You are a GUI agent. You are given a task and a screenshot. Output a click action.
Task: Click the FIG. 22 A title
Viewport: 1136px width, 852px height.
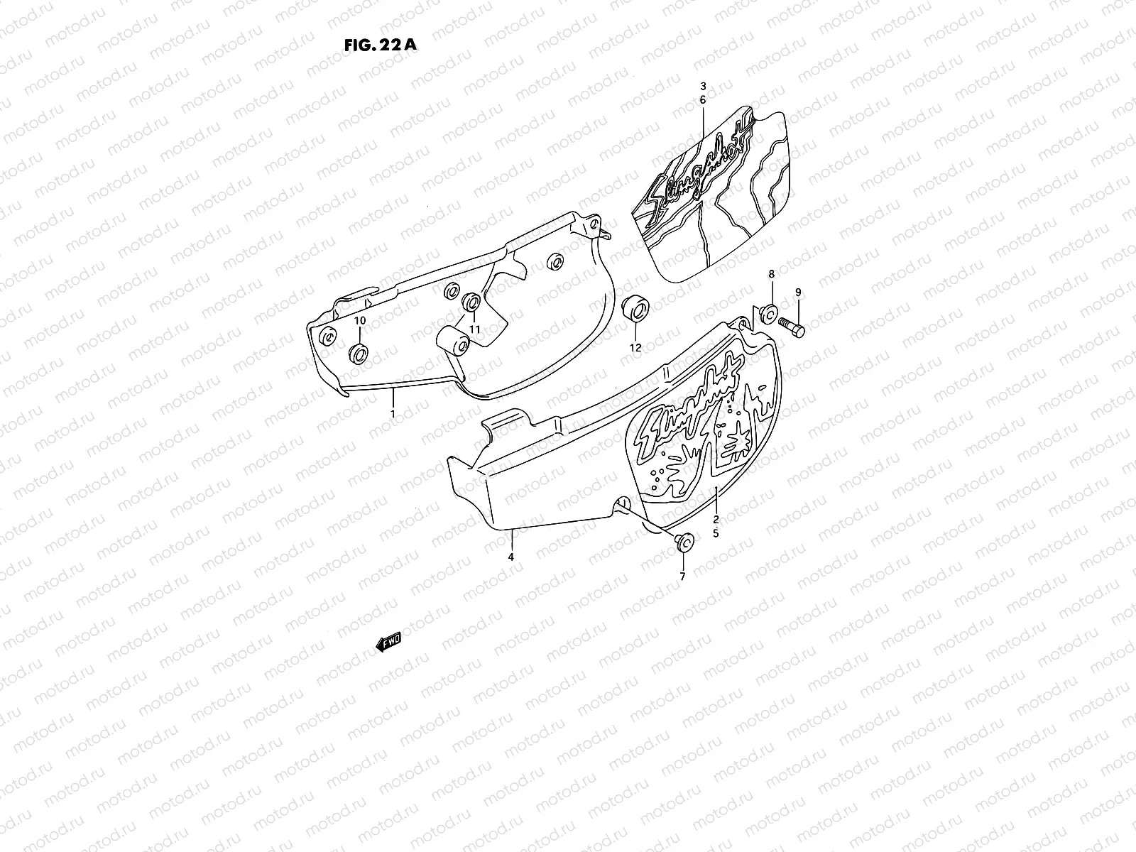tap(380, 45)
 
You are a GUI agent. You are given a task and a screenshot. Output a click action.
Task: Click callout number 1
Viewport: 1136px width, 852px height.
tap(393, 413)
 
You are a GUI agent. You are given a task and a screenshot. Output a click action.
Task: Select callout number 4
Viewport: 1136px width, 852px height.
tap(510, 557)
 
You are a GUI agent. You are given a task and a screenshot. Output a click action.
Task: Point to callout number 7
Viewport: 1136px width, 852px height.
tap(682, 577)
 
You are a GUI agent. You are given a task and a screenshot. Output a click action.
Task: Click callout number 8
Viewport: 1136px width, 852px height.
tap(772, 274)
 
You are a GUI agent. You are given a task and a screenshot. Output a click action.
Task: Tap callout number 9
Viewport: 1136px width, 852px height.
tap(797, 293)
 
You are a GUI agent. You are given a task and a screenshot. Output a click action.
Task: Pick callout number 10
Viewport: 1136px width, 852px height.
tap(360, 321)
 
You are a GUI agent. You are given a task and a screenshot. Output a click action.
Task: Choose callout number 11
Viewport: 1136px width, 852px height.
tap(474, 329)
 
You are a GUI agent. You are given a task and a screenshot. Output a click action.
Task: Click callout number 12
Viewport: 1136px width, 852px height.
tap(635, 348)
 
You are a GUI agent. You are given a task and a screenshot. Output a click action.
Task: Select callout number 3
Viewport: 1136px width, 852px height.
tap(703, 85)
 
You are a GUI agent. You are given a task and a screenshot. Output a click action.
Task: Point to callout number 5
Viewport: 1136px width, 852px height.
tap(716, 532)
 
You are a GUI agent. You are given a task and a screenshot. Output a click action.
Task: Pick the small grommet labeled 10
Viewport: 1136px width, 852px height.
tap(359, 352)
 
